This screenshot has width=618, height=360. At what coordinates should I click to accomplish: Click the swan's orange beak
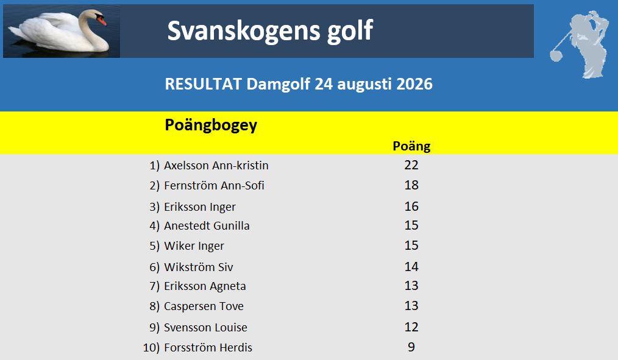pyautogui.click(x=102, y=21)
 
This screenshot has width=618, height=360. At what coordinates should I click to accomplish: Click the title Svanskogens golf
pyautogui.click(x=270, y=30)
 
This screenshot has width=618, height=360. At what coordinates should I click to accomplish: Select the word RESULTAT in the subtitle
pyautogui.click(x=204, y=84)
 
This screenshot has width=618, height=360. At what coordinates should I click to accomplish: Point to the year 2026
pyautogui.click(x=414, y=84)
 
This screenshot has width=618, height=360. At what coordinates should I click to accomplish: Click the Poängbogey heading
pyautogui.click(x=211, y=125)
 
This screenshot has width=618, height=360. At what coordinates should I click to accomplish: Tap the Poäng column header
pyautogui.click(x=411, y=146)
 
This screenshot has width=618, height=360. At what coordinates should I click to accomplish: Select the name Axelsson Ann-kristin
pyautogui.click(x=216, y=166)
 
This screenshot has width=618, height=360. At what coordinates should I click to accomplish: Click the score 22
pyautogui.click(x=411, y=165)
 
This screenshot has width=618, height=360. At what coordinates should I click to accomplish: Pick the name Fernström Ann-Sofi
pyautogui.click(x=214, y=186)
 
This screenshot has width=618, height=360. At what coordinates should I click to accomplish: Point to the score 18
pyautogui.click(x=411, y=185)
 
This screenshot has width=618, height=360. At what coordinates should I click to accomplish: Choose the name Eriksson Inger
pyautogui.click(x=200, y=207)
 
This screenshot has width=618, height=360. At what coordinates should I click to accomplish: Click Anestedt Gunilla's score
pyautogui.click(x=411, y=225)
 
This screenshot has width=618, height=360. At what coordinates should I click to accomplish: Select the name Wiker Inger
pyautogui.click(x=194, y=246)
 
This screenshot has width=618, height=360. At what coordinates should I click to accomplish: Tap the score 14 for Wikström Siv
pyautogui.click(x=411, y=267)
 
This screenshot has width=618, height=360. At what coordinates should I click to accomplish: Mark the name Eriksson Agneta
pyautogui.click(x=205, y=286)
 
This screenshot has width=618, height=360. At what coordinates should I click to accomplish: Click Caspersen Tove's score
pyautogui.click(x=411, y=306)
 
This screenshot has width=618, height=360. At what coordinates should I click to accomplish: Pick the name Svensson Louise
pyautogui.click(x=205, y=327)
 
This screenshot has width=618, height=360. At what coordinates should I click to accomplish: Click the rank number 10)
pyautogui.click(x=151, y=348)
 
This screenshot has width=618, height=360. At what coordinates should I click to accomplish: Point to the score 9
pyautogui.click(x=411, y=347)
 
